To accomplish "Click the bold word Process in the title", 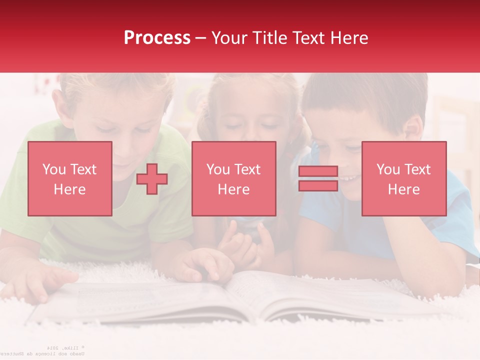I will [157, 38].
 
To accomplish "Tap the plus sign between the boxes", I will [152, 179].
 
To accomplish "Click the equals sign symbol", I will [318, 178].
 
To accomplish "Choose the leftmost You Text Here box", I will [70, 178].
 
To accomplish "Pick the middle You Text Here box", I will [233, 178].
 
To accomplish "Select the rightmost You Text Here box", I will [403, 178].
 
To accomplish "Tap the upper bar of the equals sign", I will [318, 171].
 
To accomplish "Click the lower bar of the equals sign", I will [318, 185].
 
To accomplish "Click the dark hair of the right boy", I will [360, 95].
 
